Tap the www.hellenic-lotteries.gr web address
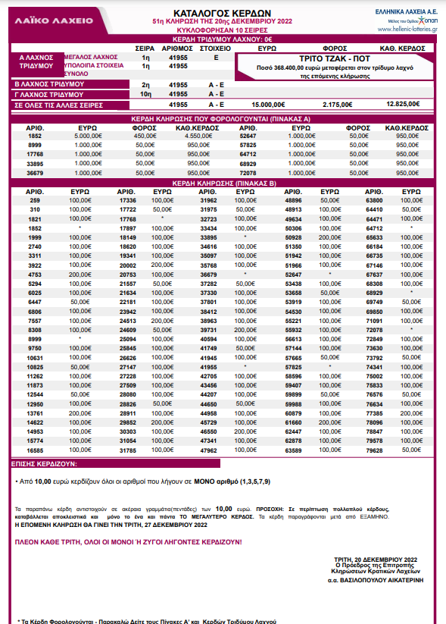tap(407, 30)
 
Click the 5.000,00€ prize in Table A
tap(89, 136)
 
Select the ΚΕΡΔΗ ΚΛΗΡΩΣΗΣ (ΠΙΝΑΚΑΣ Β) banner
tap(223, 183)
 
